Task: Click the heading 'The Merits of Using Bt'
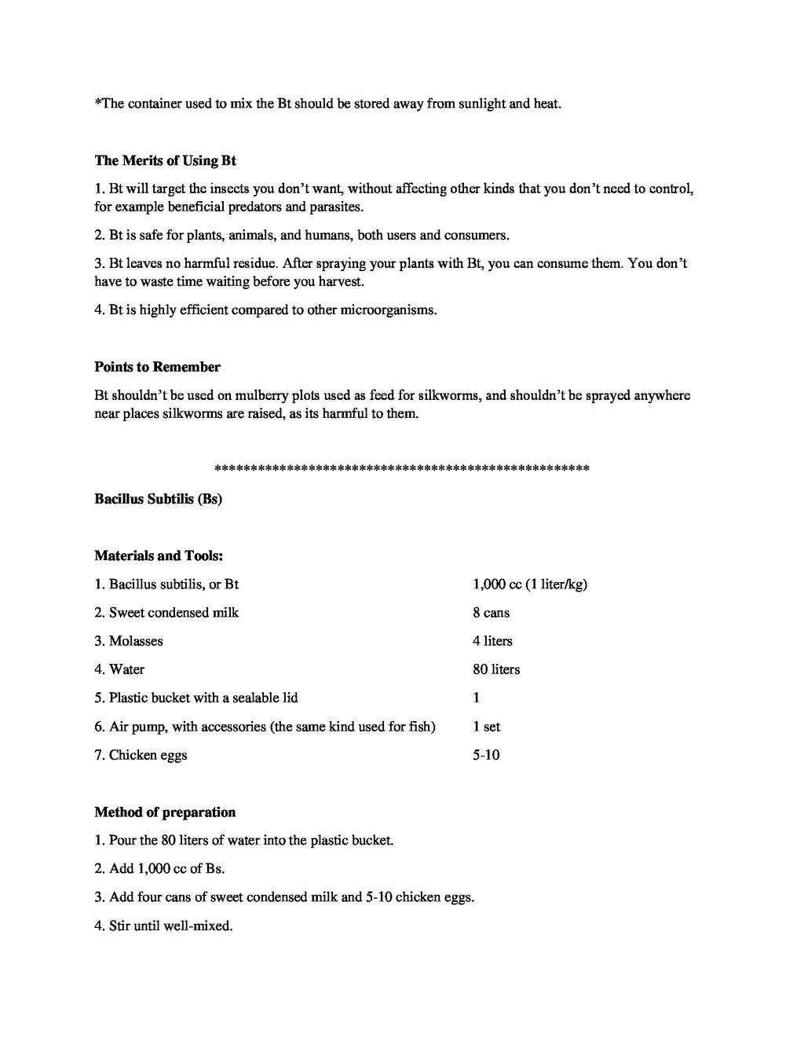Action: tap(165, 160)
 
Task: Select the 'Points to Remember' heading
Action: tap(157, 367)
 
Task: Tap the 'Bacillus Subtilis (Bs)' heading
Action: tap(158, 499)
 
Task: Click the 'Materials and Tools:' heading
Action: tap(159, 555)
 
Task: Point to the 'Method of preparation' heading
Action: tap(165, 812)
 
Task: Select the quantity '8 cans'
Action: tap(491, 613)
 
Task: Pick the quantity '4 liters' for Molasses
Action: tap(492, 641)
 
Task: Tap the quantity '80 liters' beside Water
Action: tap(496, 669)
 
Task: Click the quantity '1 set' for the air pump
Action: tap(486, 727)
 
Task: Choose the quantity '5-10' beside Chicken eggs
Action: tap(486, 755)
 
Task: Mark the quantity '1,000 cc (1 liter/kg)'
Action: tap(530, 585)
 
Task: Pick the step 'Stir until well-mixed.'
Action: tap(170, 926)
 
